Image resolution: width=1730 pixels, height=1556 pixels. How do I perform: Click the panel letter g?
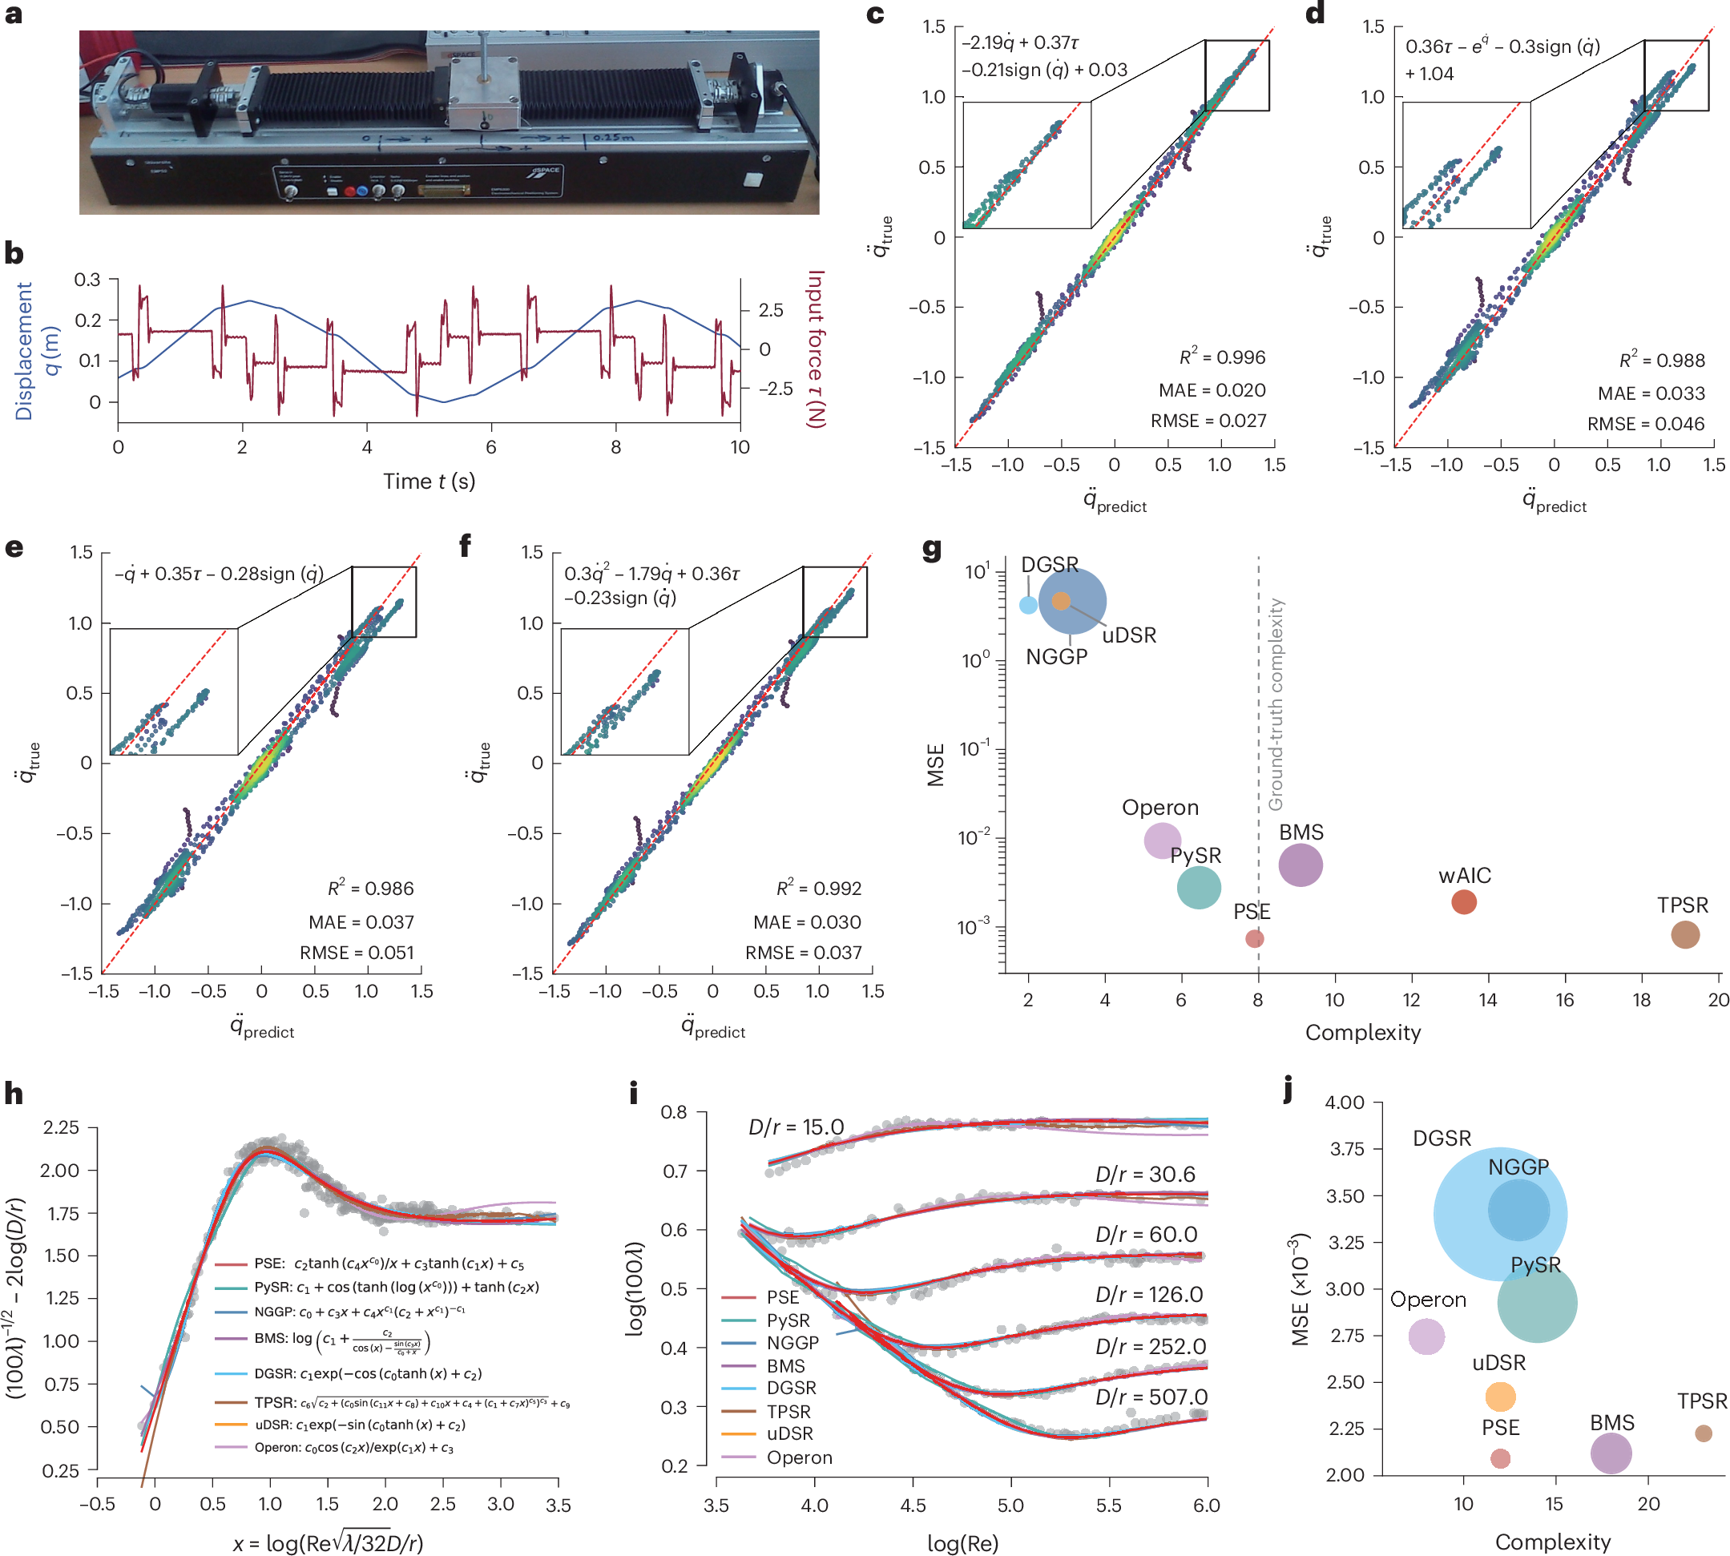(932, 549)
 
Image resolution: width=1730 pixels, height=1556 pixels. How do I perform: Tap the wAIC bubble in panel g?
(1463, 902)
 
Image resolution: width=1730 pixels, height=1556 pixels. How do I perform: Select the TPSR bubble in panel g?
(1684, 934)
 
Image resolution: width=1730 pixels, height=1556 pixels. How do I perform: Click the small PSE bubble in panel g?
(1254, 939)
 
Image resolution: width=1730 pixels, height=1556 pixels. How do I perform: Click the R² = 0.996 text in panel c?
(1222, 357)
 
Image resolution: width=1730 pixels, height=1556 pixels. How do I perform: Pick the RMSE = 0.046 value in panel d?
(1645, 424)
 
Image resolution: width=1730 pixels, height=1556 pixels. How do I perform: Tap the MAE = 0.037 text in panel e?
(361, 922)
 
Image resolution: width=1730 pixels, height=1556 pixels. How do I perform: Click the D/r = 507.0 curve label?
(1151, 1397)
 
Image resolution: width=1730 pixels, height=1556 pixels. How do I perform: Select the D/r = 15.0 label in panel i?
(796, 1127)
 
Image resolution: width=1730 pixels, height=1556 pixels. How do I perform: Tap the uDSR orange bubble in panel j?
(1499, 1397)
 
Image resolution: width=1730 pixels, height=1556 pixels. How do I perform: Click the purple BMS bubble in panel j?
(1611, 1453)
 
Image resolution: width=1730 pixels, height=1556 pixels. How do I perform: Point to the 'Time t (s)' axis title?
(429, 482)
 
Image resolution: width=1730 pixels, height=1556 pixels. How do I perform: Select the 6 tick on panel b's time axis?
(491, 447)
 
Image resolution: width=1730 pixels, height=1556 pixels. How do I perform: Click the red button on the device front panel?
(349, 191)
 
